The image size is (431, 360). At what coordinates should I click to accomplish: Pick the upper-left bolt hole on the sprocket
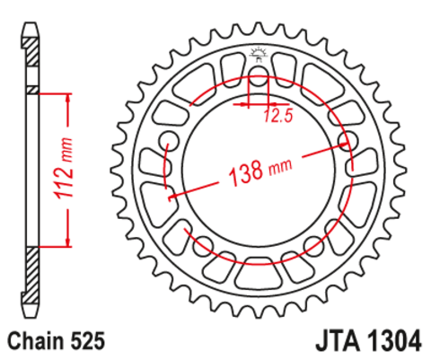click(167, 139)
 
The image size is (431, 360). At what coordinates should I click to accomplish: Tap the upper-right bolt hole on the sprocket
click(348, 139)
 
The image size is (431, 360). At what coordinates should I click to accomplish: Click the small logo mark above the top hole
click(258, 54)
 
